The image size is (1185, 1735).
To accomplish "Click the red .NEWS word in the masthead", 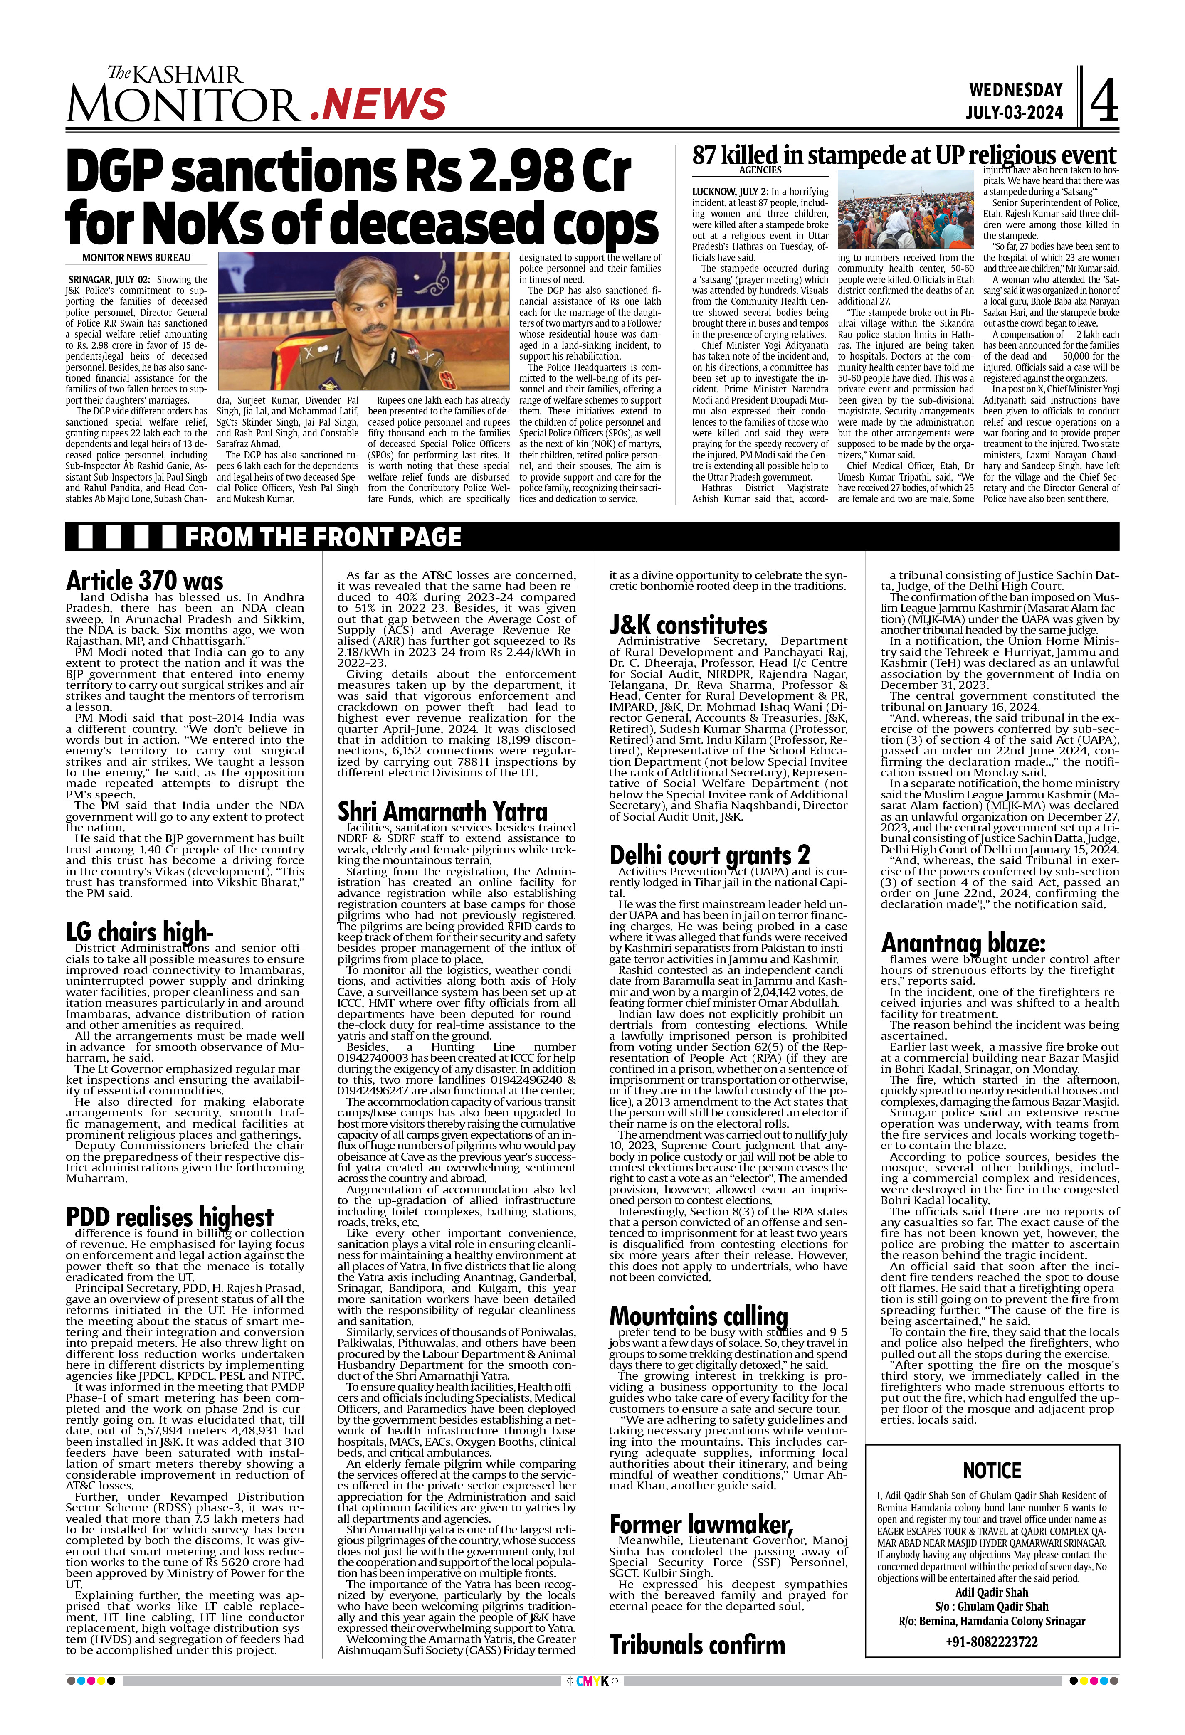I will [378, 104].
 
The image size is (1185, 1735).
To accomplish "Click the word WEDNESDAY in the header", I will [1015, 90].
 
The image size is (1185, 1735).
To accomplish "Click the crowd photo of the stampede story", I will [906, 209].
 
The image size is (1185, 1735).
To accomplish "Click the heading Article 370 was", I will [144, 581].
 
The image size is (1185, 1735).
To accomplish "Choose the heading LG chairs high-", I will [140, 932].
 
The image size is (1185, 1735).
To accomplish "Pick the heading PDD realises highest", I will [170, 1217].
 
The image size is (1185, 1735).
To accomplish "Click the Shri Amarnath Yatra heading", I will [442, 811].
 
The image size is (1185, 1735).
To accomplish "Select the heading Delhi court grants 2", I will [709, 854].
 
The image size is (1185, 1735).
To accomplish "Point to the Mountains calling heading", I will [698, 1316].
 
